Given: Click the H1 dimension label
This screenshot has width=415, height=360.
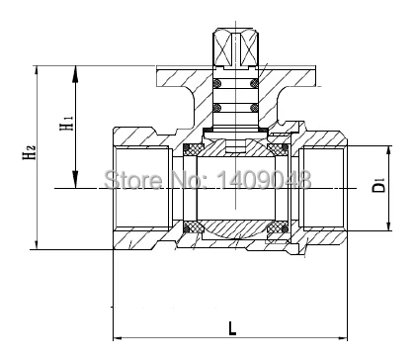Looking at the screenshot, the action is [66, 123].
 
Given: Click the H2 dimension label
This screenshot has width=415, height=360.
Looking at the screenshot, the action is [29, 151].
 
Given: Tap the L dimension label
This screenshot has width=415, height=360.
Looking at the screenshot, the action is [232, 328].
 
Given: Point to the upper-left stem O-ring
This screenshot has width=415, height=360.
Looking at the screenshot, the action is [216, 83].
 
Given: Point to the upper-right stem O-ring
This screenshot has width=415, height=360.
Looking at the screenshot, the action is [254, 83].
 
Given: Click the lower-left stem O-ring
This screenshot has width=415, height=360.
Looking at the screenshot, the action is [216, 108].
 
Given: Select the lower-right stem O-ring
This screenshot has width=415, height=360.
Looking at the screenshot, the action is [254, 108].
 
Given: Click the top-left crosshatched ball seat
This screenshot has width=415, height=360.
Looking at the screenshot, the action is [193, 149].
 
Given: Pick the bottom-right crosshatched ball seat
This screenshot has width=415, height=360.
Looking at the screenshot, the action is [278, 227].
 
